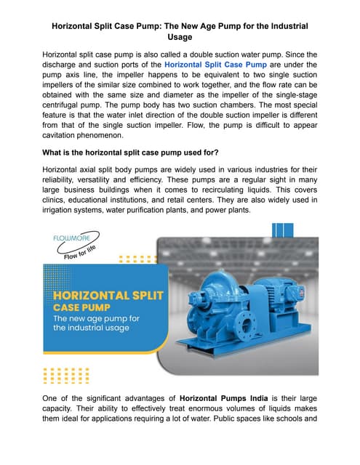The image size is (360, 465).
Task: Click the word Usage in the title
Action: pos(180,37)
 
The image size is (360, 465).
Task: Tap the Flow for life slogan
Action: pos(82,254)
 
